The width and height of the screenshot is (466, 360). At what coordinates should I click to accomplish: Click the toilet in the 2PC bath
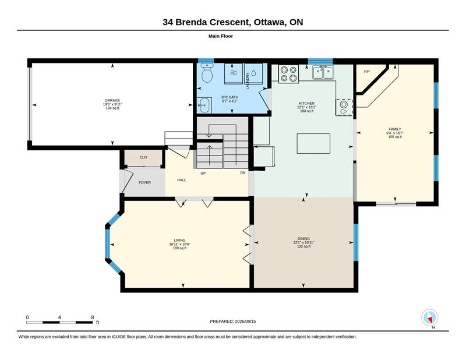point(207,73)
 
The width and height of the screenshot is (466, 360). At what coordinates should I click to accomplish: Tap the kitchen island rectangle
point(313,143)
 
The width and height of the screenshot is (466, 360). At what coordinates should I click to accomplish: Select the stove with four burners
point(288,74)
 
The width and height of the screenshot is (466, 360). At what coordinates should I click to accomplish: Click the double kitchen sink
point(323,72)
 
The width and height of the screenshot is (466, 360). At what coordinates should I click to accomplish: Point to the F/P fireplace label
point(367,72)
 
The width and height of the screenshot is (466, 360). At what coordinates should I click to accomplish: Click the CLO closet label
point(143,157)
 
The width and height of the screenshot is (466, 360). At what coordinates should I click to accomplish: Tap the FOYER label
point(144,182)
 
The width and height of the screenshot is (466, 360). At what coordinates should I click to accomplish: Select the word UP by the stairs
point(203,173)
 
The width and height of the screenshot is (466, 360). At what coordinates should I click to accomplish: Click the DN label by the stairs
point(243,172)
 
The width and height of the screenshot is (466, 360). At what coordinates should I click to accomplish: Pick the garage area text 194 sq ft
point(112,108)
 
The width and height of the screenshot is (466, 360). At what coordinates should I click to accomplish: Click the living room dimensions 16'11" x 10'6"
point(179,244)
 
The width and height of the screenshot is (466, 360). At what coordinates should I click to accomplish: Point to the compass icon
point(430,318)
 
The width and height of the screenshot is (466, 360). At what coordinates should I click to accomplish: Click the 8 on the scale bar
point(93,317)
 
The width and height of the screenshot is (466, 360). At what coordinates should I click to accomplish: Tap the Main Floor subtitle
point(221,36)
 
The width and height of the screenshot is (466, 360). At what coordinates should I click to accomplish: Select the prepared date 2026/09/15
point(245,322)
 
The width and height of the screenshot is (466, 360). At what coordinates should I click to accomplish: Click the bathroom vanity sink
point(204,105)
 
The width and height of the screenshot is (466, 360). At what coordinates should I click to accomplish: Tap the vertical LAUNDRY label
point(248,81)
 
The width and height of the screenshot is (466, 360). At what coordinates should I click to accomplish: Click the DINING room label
point(303,239)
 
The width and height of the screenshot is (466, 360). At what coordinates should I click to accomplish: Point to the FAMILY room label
point(395,129)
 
